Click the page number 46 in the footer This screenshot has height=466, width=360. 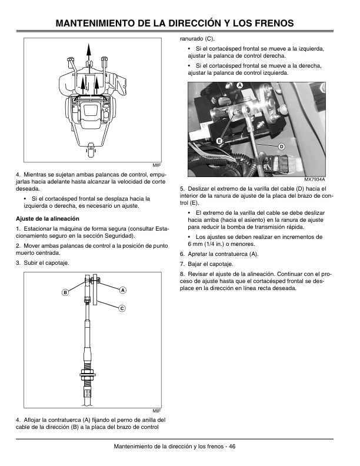pyautogui.click(x=232, y=446)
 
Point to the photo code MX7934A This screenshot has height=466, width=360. pyautogui.click(x=315, y=179)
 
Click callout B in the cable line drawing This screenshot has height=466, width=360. pyautogui.click(x=65, y=292)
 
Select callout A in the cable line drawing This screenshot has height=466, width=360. pyautogui.click(x=122, y=289)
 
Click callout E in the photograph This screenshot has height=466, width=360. pyautogui.click(x=218, y=141)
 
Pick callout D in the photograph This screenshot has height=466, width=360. pyautogui.click(x=281, y=146)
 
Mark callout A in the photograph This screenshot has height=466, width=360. pyautogui.click(x=240, y=86)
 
